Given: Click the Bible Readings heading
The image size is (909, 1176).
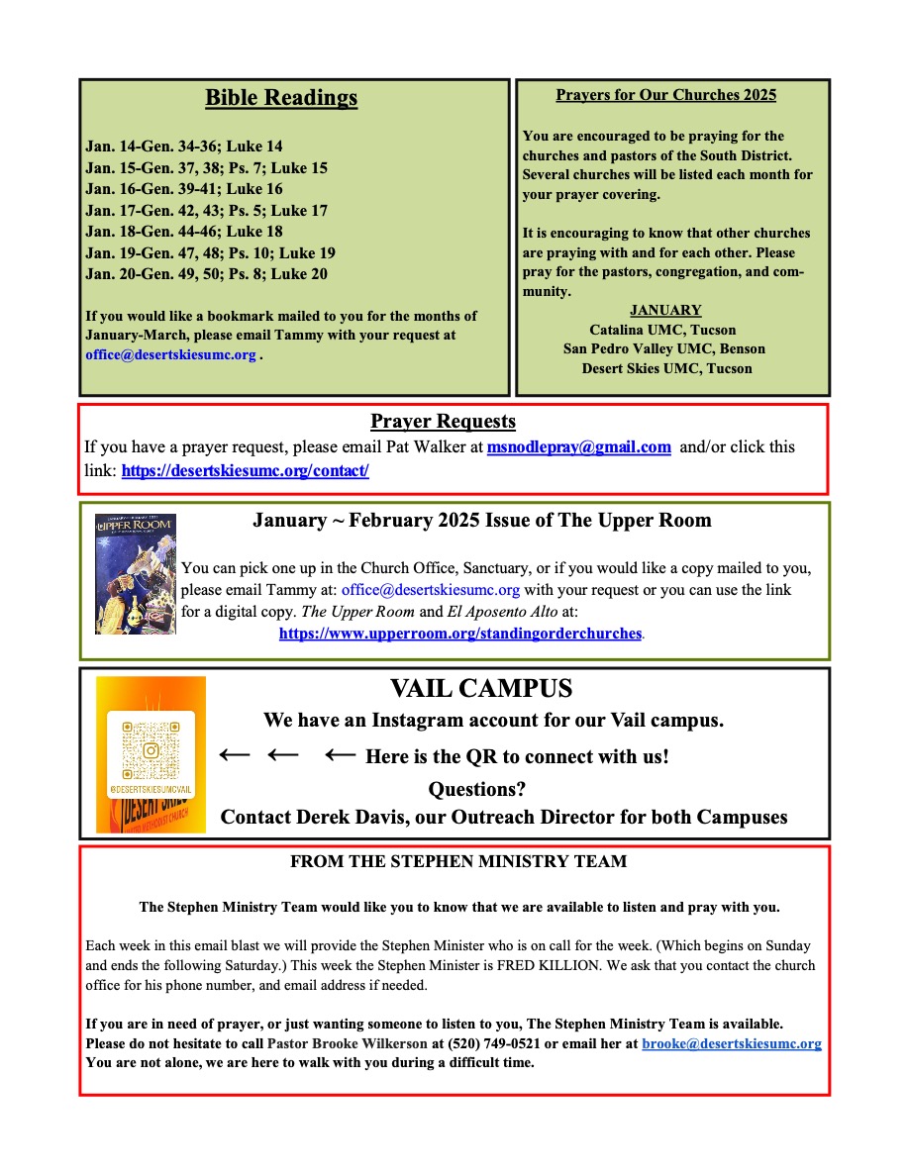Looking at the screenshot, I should click(281, 98).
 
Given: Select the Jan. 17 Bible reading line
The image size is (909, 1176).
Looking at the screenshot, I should click(206, 211).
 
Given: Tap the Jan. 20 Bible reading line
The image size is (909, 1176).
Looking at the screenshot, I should click(206, 274).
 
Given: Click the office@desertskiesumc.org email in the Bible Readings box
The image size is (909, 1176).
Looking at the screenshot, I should click(170, 354).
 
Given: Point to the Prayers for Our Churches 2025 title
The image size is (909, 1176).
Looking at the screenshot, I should click(665, 96).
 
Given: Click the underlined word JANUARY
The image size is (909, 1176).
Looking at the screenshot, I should click(665, 310).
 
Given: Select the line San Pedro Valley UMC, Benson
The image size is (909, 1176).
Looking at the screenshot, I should click(663, 348).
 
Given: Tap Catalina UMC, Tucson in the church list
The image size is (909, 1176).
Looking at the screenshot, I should click(662, 330).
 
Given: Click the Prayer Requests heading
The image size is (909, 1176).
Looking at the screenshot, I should click(443, 422).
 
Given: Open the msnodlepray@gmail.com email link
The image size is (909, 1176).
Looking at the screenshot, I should click(578, 447).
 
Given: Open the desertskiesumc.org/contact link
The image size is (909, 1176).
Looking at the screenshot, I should click(245, 471).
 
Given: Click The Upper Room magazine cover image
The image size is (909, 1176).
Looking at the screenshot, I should click(136, 573).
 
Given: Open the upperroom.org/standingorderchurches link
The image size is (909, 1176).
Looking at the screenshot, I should click(460, 634).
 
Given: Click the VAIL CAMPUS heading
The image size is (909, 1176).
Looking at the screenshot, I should click(481, 689).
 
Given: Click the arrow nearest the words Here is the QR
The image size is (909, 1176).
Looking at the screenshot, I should click(340, 756).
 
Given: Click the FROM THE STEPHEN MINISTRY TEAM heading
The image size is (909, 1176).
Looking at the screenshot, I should click(457, 862).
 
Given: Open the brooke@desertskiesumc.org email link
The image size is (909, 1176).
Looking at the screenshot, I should click(731, 1044).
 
